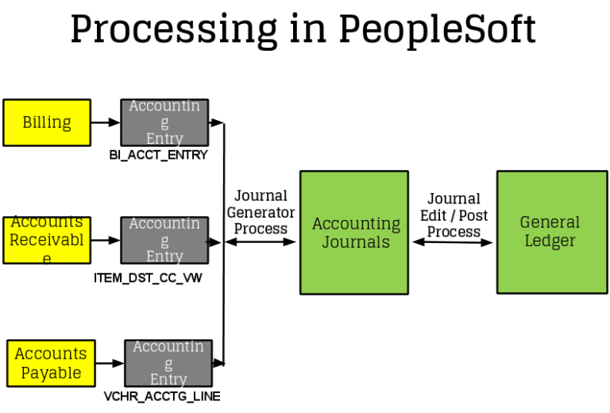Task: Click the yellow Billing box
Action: tap(47, 122)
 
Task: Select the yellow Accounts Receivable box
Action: tap(47, 240)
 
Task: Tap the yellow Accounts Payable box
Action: tap(51, 364)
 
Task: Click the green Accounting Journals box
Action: tap(353, 233)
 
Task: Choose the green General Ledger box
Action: tap(550, 231)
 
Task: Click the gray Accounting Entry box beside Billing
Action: tap(164, 122)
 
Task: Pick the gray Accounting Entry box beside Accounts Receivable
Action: tap(164, 240)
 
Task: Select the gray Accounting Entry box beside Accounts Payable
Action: tap(168, 363)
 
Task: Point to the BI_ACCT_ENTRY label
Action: tap(158, 155)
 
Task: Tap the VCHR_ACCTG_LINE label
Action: tap(162, 396)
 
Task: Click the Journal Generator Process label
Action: tap(261, 212)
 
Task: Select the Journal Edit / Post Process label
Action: tap(454, 215)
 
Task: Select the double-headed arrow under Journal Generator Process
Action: tap(261, 241)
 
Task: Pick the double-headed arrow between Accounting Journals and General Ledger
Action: tap(453, 241)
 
